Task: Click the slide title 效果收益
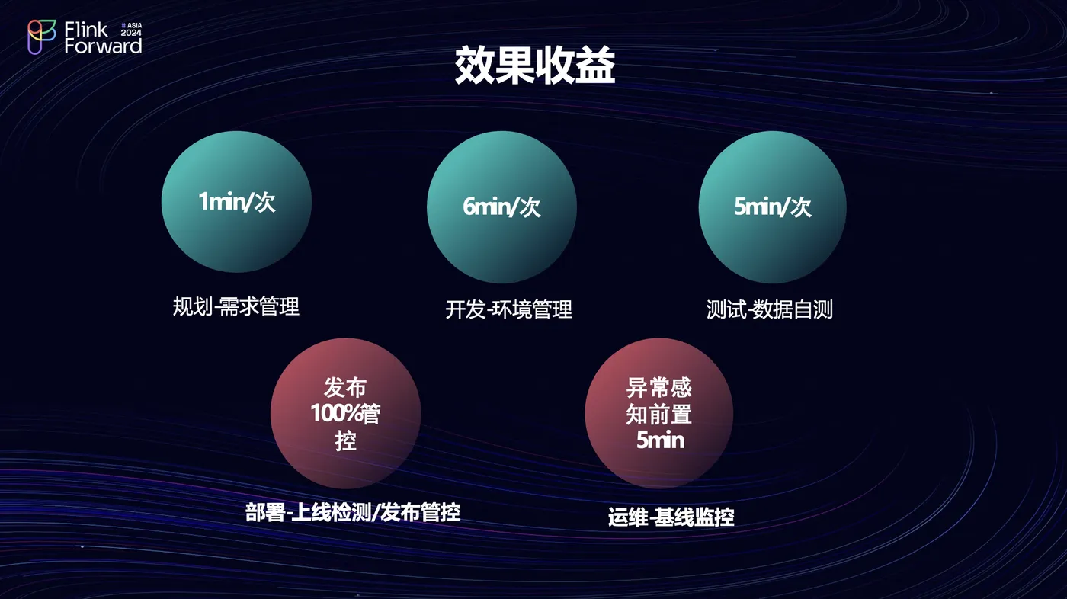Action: point(535,66)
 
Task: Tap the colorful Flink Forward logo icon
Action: point(41,37)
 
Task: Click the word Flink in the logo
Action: point(85,30)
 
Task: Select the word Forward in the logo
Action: point(103,46)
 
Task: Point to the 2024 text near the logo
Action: point(131,33)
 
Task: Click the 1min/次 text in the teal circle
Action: point(237,201)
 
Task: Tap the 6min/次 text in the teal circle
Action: point(501,207)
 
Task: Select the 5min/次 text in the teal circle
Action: point(772,207)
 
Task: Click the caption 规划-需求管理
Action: point(236,306)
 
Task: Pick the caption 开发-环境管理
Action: point(509,309)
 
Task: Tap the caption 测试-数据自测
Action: point(769,309)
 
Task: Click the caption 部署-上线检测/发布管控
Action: point(352,513)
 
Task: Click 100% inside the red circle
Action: point(335,413)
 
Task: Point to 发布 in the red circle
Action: point(345,387)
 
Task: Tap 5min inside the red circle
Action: point(660,440)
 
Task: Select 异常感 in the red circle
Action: point(658,388)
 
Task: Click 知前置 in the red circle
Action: point(658,414)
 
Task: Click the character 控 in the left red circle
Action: point(345,440)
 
